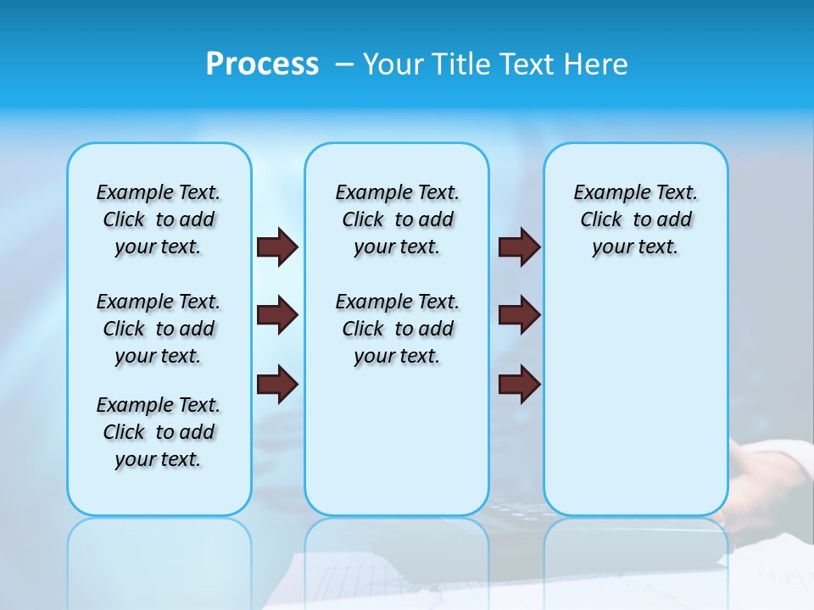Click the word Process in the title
(262, 64)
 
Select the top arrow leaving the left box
(277, 247)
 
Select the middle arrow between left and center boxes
(277, 315)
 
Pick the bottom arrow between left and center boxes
(277, 384)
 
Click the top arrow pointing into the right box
(520, 247)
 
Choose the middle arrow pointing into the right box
(520, 315)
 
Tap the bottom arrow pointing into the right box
(520, 384)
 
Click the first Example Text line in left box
(159, 192)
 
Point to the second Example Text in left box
(159, 302)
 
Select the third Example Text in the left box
(159, 405)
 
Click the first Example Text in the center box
(397, 192)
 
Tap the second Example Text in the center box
(397, 302)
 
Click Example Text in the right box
(635, 192)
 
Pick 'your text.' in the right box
(635, 247)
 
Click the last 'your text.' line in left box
(159, 459)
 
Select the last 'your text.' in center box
(397, 356)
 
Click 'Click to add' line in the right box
(635, 219)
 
